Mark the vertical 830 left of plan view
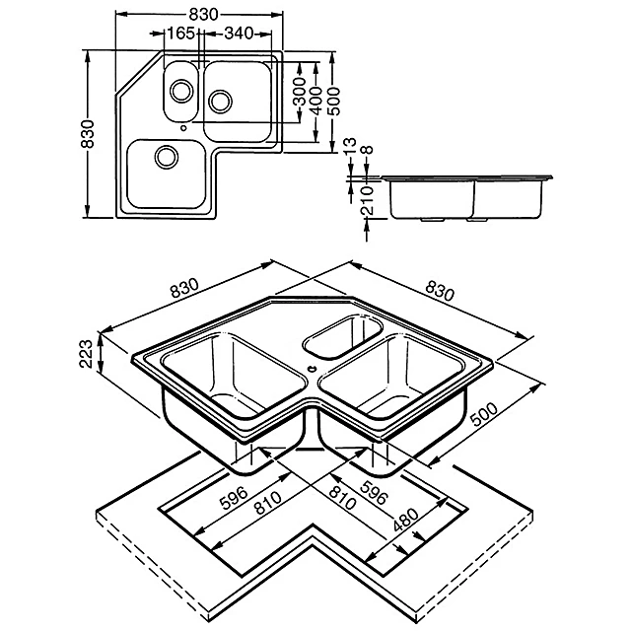(89, 134)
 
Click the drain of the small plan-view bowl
(180, 92)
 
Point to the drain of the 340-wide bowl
(220, 100)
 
